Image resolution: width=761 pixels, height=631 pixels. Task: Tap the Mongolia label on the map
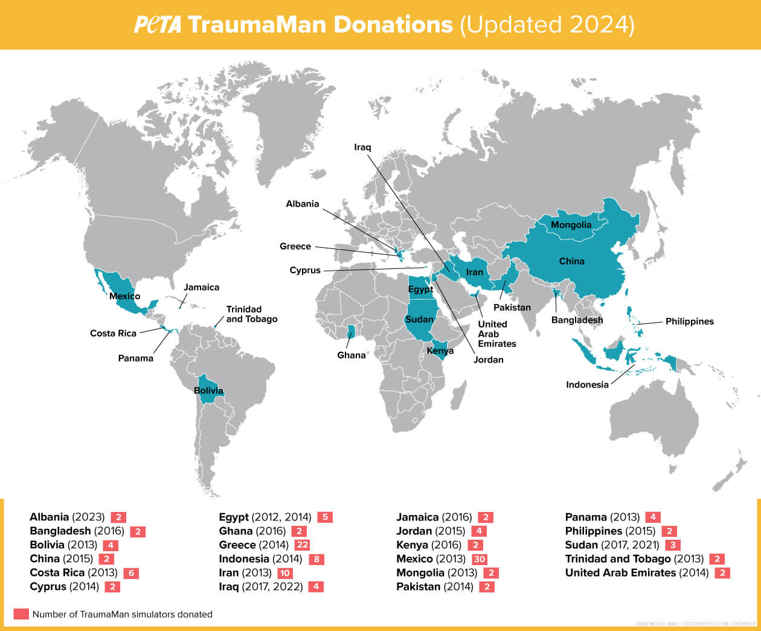click(571, 225)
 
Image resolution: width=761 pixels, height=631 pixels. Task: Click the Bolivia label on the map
click(208, 390)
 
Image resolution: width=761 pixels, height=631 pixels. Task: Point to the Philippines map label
click(689, 322)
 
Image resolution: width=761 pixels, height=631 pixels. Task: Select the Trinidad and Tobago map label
click(251, 314)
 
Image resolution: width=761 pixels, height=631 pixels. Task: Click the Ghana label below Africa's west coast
click(352, 355)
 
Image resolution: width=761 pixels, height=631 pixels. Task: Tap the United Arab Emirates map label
click(496, 334)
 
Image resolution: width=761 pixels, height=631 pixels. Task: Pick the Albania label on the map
click(302, 204)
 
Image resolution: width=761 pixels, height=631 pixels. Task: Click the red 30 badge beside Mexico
click(479, 559)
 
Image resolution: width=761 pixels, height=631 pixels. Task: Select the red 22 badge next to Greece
click(302, 545)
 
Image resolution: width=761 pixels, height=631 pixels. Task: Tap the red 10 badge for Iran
click(284, 573)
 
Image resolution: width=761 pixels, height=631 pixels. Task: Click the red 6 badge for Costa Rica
click(130, 573)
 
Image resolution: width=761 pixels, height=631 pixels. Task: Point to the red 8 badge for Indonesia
click(316, 559)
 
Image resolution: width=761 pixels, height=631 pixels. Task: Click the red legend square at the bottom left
click(21, 614)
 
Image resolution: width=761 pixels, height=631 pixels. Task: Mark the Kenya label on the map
click(440, 351)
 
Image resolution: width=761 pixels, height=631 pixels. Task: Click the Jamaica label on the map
click(201, 288)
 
